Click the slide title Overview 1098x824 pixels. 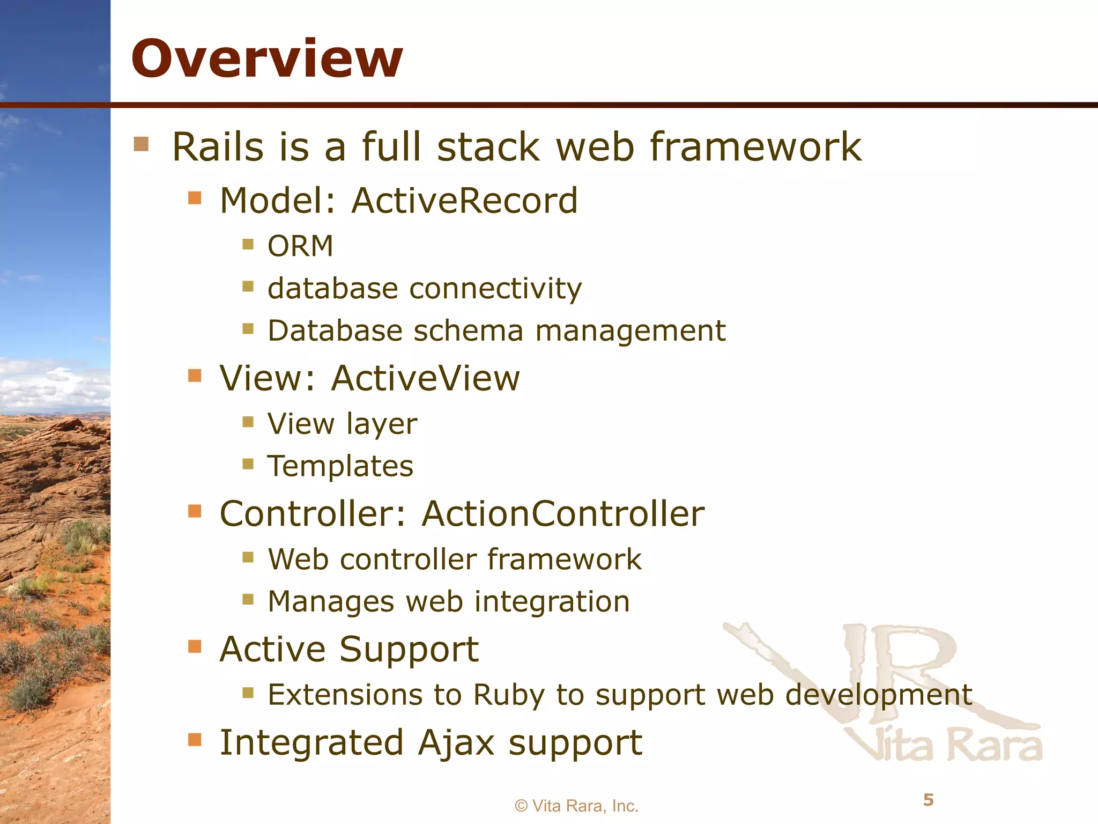pyautogui.click(x=266, y=58)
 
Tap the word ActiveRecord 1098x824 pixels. pyautogui.click(x=464, y=201)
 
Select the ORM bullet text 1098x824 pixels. pyautogui.click(x=300, y=246)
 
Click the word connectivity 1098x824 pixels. pyautogui.click(x=495, y=289)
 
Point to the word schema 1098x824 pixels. pyautogui.click(x=468, y=330)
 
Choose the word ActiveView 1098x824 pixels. pyautogui.click(x=425, y=378)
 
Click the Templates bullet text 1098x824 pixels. pyautogui.click(x=340, y=466)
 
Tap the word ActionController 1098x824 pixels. pyautogui.click(x=563, y=514)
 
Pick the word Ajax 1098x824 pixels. pyautogui.click(x=456, y=743)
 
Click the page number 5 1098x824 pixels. pyautogui.click(x=929, y=800)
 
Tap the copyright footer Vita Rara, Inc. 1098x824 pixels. pyautogui.click(x=576, y=806)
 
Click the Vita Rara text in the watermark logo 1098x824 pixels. pyautogui.click(x=944, y=746)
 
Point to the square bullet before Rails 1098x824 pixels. pyautogui.click(x=141, y=144)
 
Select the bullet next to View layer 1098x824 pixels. pyautogui.click(x=248, y=422)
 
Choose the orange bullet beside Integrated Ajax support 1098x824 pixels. pyautogui.click(x=195, y=740)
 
